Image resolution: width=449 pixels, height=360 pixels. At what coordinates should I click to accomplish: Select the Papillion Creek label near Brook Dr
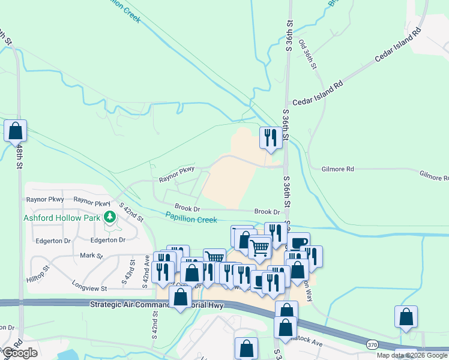[191, 218]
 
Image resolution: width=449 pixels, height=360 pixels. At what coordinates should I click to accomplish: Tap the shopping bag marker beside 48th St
[16, 131]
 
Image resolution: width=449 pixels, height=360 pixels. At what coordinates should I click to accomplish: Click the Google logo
[20, 353]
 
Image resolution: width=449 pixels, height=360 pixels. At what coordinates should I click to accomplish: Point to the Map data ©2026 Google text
[412, 355]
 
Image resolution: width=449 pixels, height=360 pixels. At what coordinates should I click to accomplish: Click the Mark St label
[92, 256]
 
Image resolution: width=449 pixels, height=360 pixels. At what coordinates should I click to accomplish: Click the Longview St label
[88, 288]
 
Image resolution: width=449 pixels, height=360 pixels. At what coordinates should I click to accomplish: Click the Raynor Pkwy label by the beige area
[176, 175]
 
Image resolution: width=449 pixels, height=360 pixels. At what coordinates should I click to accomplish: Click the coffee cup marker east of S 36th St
[298, 242]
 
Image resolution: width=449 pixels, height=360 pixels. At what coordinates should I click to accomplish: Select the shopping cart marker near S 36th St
[259, 247]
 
